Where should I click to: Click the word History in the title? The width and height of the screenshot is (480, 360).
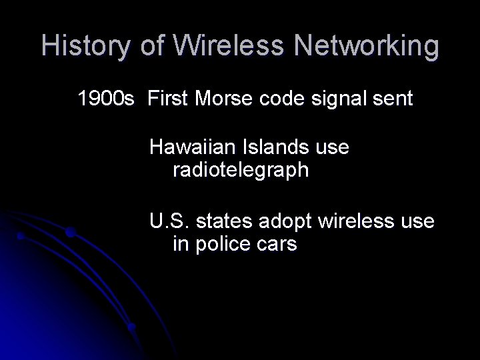(87, 46)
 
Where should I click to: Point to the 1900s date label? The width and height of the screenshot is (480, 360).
(107, 100)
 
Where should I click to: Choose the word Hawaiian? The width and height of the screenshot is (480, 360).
(193, 146)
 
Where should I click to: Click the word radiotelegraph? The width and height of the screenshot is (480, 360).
(241, 171)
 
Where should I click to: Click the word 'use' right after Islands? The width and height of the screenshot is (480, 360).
(333, 146)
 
